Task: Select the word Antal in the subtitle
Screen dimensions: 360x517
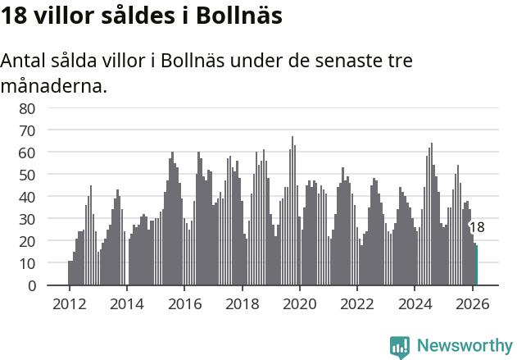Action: (x=25, y=62)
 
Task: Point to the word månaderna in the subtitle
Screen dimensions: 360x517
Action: (x=54, y=85)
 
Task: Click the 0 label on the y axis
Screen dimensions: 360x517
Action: (x=31, y=285)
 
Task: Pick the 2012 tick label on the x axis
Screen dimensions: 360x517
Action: (x=69, y=303)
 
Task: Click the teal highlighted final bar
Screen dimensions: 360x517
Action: (x=476, y=266)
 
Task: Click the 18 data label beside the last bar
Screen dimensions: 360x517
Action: (x=477, y=227)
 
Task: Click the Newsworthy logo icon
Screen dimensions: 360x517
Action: (x=400, y=347)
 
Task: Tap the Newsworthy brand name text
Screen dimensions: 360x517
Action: (x=465, y=346)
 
